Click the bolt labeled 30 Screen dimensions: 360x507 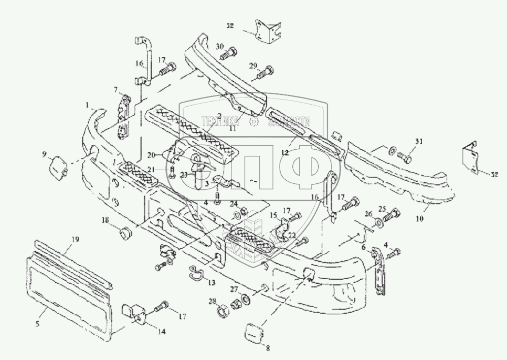(231, 51)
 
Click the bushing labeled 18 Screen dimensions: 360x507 (124, 234)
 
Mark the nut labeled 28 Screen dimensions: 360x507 (222, 308)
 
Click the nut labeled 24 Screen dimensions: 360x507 (243, 211)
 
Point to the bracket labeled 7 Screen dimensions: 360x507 (122, 117)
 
